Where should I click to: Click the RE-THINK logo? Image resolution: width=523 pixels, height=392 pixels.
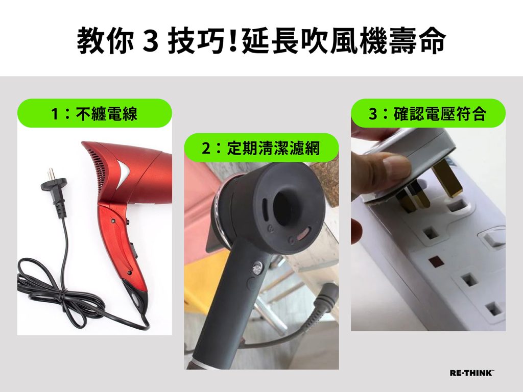[x=471, y=373]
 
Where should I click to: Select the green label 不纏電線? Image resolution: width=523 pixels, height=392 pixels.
[x=94, y=113]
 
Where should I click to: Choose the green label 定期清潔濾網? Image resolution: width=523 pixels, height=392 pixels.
[x=261, y=148]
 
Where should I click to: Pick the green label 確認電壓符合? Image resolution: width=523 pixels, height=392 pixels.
[x=429, y=113]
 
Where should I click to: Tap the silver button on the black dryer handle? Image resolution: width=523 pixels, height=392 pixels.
[x=257, y=267]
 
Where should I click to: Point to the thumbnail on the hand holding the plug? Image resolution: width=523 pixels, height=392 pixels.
[x=396, y=164]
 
